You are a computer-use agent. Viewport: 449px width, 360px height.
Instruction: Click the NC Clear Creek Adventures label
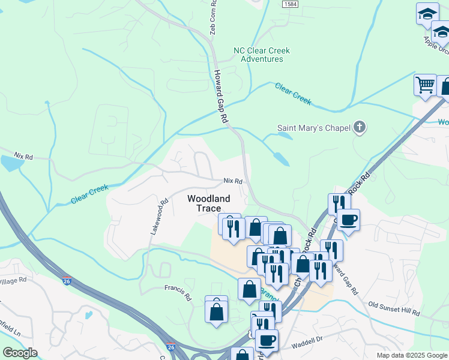(x=261, y=55)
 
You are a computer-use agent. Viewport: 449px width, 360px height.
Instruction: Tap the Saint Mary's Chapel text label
(x=313, y=127)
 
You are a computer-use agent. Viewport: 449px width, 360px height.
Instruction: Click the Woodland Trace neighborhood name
(x=208, y=203)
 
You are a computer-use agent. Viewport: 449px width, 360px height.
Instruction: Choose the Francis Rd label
(x=177, y=288)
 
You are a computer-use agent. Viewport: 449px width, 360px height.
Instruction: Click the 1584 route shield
(x=289, y=4)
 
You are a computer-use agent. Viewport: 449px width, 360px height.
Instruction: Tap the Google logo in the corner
(x=19, y=353)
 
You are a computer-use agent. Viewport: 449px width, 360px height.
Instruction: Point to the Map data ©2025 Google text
(x=411, y=355)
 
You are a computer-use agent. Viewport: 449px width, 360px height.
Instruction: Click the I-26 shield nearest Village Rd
(x=67, y=280)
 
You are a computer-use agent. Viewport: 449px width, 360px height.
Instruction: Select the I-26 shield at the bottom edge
(x=171, y=347)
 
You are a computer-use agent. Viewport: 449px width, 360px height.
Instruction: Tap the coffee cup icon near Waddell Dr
(x=267, y=340)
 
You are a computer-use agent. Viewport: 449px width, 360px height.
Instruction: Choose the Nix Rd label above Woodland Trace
(x=232, y=181)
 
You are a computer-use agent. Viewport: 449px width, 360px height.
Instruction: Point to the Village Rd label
(x=13, y=280)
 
